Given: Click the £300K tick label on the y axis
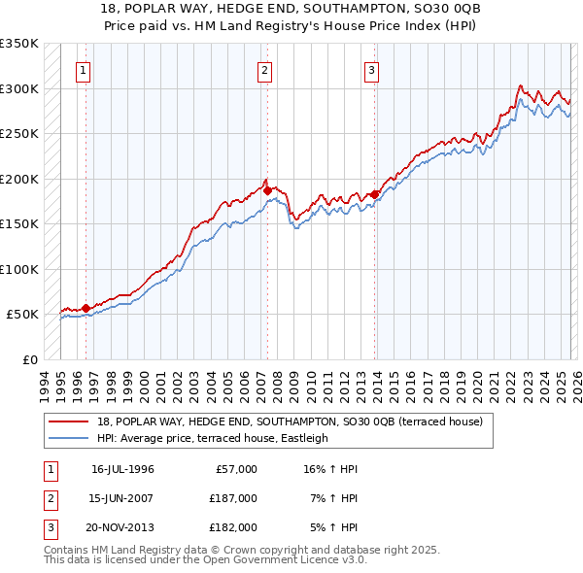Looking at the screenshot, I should [19, 88].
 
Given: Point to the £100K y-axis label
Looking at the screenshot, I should [19, 269].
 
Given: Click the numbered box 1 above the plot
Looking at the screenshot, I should [84, 69].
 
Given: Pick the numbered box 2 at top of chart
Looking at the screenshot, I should [264, 69].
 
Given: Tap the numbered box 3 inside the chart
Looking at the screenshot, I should [371, 69].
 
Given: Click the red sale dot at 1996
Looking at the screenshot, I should [86, 308].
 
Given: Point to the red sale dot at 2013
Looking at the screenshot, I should [374, 195].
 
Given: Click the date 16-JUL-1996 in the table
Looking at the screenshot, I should [122, 469].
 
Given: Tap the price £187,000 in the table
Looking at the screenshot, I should [232, 498].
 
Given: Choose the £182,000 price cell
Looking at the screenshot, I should [232, 527].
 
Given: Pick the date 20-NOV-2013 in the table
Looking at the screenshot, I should [122, 527].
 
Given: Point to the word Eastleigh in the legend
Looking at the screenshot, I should [303, 438].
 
